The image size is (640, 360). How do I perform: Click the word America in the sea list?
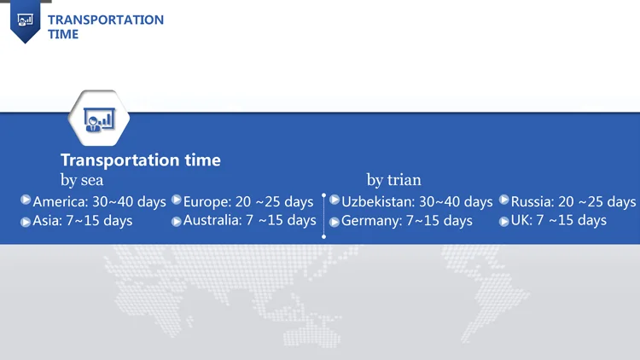[60, 201]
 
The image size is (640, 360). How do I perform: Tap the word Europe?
[207, 202]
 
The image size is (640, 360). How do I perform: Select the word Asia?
[47, 220]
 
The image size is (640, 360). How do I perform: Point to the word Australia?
[212, 220]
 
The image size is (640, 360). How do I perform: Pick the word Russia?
[532, 201]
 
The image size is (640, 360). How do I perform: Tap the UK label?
[521, 220]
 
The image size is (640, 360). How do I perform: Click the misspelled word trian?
[404, 180]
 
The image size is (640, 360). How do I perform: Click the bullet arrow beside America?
[26, 200]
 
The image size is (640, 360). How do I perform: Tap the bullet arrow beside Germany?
[335, 222]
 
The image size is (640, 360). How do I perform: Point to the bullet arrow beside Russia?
[504, 200]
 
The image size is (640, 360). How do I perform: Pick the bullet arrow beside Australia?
[177, 222]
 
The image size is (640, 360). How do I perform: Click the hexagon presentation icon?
[99, 119]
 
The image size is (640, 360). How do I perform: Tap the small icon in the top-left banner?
[26, 20]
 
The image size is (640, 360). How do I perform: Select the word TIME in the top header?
[63, 34]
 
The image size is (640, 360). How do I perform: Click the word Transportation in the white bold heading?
[120, 160]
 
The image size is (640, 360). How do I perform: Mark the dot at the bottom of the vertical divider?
[323, 237]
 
